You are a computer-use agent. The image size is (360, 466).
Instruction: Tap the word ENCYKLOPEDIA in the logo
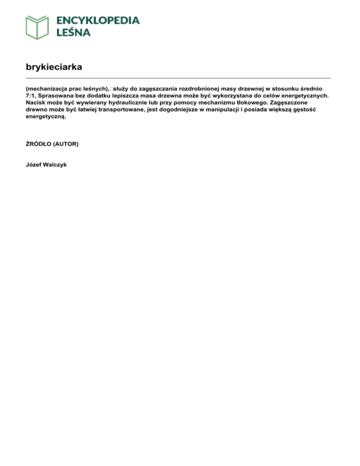(x=98, y=20)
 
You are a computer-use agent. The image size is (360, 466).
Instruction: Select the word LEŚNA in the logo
(x=74, y=32)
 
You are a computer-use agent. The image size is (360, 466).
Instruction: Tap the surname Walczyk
(x=57, y=165)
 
